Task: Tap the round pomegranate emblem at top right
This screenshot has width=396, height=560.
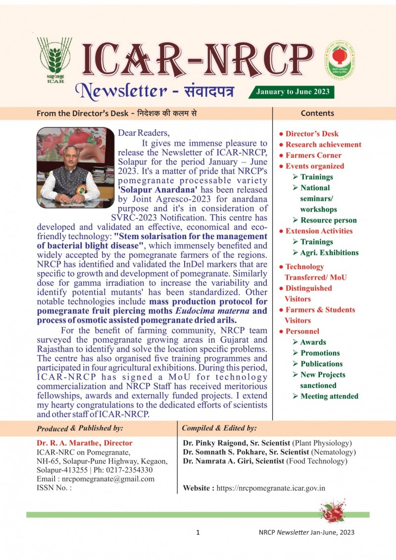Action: coord(340,60)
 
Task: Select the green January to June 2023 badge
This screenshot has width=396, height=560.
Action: coord(292,92)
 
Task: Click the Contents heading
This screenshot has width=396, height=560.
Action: coord(317,113)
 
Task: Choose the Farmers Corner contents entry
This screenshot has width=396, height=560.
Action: coord(313,155)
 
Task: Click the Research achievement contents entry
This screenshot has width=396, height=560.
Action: coord(323,145)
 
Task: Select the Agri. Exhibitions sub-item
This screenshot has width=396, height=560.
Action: coord(329,253)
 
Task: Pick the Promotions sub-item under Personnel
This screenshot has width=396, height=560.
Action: coord(320,353)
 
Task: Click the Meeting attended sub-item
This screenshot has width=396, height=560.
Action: coord(329,396)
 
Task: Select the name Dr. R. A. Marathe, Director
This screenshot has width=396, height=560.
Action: coord(85,443)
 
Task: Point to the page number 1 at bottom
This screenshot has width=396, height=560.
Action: coord(198,533)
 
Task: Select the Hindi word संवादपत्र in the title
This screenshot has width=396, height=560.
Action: coord(203,91)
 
